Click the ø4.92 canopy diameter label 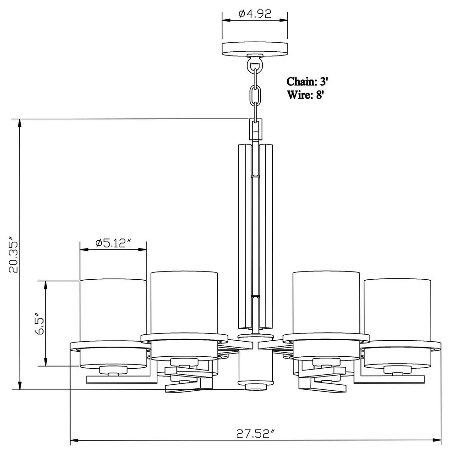tap(255, 13)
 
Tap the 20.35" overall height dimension tap(13, 254)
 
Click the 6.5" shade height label tap(39, 323)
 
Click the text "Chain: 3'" tap(307, 82)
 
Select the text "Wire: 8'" tap(305, 94)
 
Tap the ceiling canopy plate tap(255, 48)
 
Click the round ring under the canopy tap(255, 65)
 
